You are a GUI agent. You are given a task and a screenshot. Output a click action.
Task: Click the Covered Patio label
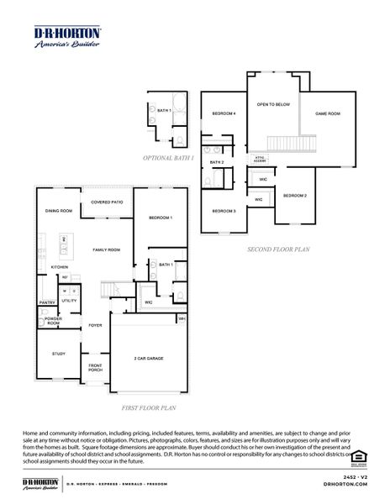tap(106, 202)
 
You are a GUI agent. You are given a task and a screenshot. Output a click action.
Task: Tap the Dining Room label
tap(59, 211)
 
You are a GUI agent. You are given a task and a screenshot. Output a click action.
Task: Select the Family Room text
tap(107, 249)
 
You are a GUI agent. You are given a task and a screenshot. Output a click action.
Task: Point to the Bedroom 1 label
tap(161, 218)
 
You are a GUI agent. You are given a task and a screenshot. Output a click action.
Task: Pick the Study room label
tap(58, 354)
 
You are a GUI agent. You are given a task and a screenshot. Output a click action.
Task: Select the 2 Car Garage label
tap(148, 359)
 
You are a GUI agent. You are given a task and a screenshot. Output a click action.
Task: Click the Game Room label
tap(327, 113)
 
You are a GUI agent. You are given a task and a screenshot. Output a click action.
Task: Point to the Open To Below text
tap(273, 104)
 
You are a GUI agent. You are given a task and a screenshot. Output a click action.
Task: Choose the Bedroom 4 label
tap(224, 113)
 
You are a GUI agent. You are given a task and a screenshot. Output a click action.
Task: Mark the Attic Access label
tap(261, 158)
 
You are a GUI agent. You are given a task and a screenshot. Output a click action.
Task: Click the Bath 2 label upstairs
tap(217, 161)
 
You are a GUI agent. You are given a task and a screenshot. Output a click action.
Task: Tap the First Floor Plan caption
tap(148, 407)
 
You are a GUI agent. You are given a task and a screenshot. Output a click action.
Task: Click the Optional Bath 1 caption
tap(168, 157)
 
